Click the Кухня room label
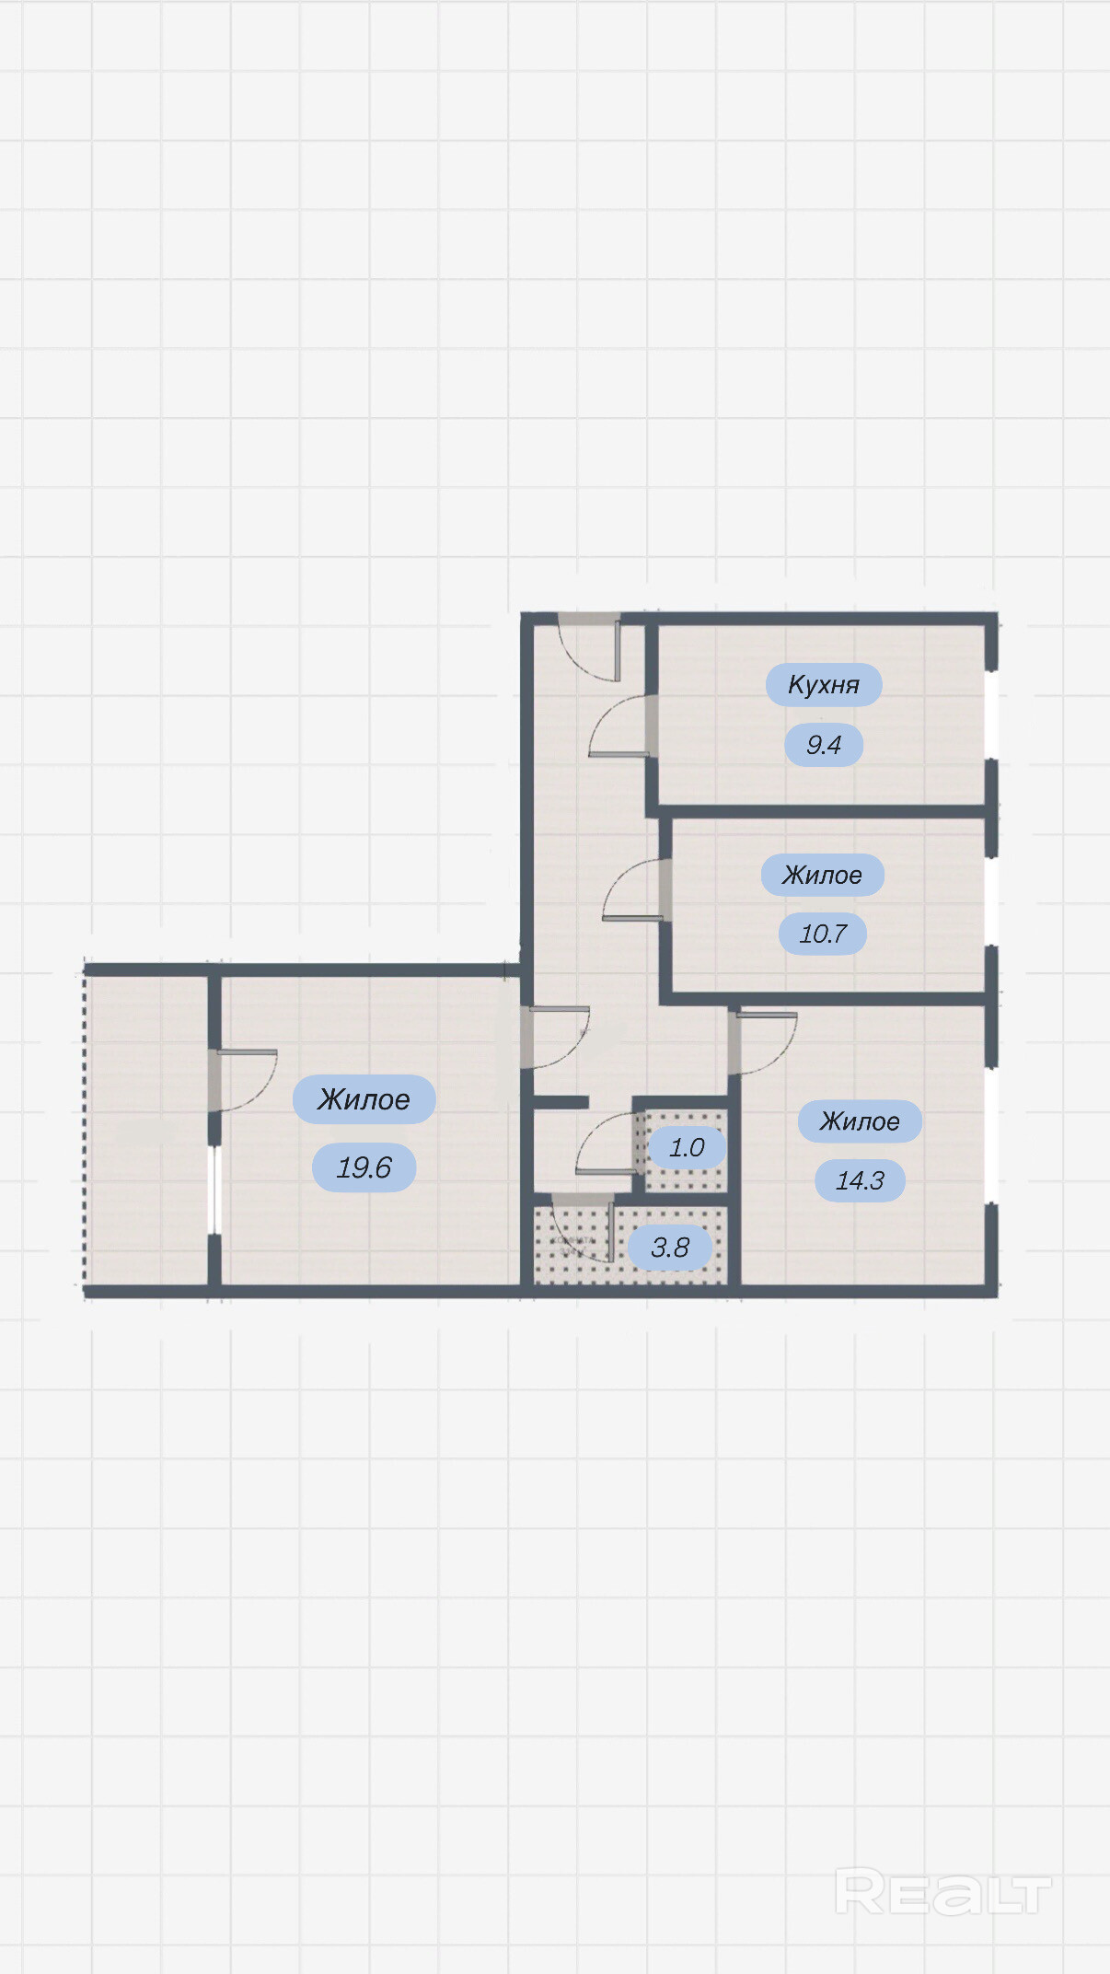point(824,684)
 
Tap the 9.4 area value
point(824,745)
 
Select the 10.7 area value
point(823,934)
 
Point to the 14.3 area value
point(860,1180)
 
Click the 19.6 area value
point(364,1167)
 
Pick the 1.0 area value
point(687,1147)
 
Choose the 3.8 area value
point(670,1248)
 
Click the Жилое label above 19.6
point(364,1099)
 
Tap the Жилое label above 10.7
point(823,875)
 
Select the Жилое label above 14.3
point(860,1121)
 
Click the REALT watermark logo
point(942,1892)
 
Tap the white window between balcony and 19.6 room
point(214,1190)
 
